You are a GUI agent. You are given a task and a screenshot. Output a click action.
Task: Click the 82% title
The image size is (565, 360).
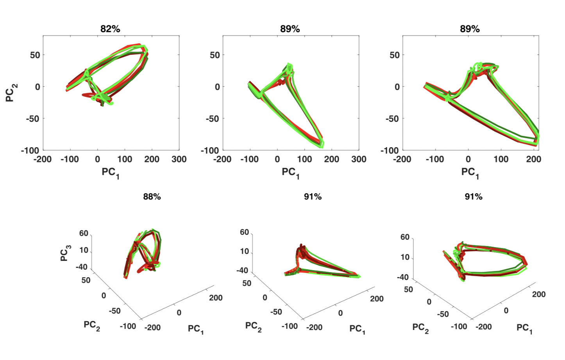tap(110, 29)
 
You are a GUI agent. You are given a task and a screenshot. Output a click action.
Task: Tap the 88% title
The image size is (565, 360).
tap(152, 197)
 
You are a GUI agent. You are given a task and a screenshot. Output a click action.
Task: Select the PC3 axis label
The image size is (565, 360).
tap(65, 253)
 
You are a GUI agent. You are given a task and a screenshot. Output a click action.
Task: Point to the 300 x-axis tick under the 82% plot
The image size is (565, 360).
tap(179, 159)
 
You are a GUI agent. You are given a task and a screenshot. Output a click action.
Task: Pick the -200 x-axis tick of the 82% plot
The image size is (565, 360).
tap(43, 159)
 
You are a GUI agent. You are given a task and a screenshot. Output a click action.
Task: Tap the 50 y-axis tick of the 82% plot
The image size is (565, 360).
tap(35, 55)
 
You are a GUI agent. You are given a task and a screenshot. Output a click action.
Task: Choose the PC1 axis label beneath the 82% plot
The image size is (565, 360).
tap(111, 173)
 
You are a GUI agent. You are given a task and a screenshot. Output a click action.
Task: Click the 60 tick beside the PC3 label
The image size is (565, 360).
tap(84, 233)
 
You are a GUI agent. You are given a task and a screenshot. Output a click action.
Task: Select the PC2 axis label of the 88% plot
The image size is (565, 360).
tap(92, 326)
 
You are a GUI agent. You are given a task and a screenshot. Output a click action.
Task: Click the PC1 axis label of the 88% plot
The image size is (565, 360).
tap(196, 329)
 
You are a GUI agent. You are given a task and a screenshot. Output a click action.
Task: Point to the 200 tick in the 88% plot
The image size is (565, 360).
tap(215, 298)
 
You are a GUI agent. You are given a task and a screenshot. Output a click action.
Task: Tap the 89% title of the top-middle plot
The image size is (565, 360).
tap(290, 29)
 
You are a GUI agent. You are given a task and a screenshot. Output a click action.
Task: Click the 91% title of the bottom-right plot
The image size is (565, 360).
tap(473, 197)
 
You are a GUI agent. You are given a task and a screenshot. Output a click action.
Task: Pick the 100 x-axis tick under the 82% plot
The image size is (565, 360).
tap(125, 159)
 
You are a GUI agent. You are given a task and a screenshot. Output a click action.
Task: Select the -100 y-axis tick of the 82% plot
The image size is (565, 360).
tap(30, 150)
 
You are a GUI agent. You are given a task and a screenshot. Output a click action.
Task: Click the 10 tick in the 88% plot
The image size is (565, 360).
tap(84, 250)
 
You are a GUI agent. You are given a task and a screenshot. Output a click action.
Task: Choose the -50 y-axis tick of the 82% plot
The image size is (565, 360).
tap(32, 119)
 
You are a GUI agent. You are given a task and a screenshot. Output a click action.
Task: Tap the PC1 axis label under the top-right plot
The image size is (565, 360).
tap(470, 173)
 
